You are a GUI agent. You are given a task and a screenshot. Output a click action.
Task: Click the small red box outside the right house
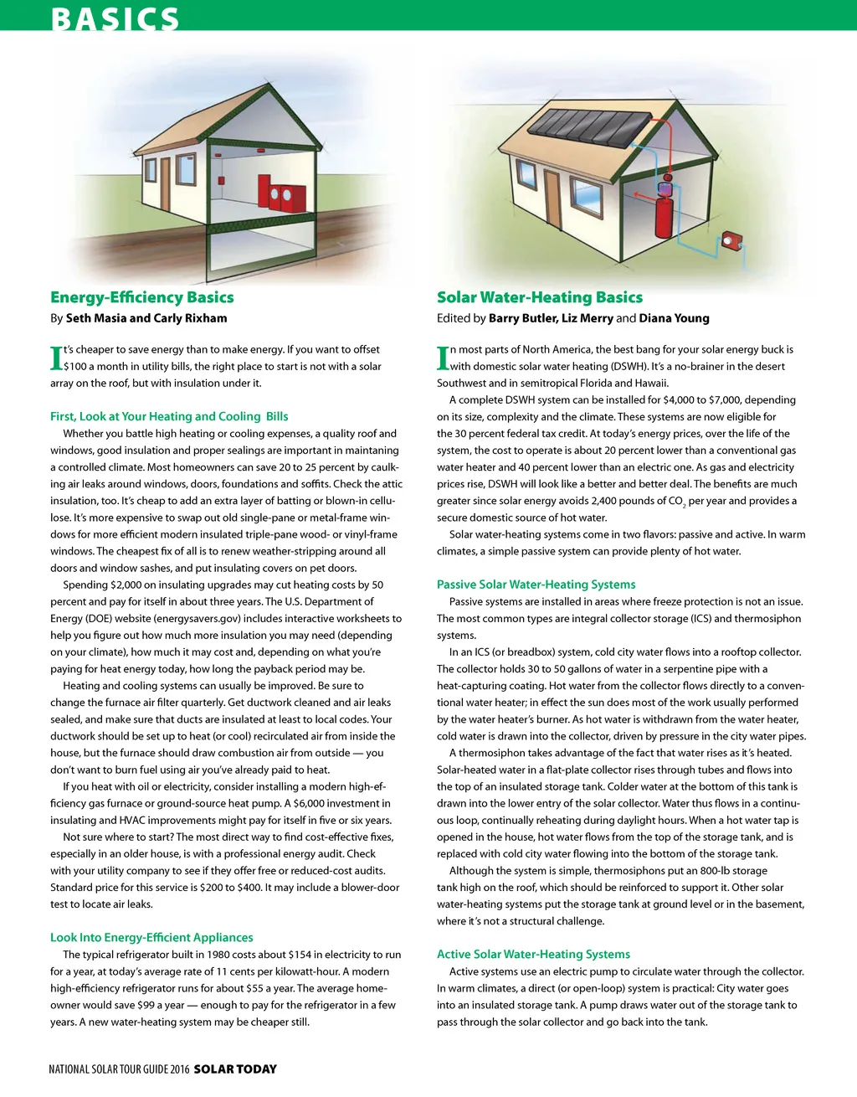(734, 240)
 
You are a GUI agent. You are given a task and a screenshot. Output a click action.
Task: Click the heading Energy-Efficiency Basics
(142, 297)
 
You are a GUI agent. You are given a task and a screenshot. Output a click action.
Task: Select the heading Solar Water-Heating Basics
(540, 297)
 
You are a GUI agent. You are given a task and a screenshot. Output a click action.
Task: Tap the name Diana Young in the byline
(675, 318)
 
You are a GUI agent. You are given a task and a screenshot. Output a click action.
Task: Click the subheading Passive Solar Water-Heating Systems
(536, 585)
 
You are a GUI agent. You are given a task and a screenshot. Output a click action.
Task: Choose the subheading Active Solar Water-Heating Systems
(533, 954)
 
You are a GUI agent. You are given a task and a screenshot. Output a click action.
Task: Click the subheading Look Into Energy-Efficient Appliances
(151, 937)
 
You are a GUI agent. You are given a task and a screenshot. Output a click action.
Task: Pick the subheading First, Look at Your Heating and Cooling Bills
(169, 416)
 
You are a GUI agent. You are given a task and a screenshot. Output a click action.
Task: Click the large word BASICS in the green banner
(115, 18)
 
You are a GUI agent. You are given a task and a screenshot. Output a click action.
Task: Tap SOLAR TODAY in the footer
(235, 1069)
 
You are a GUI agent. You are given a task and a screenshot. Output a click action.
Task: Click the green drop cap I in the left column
(56, 358)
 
